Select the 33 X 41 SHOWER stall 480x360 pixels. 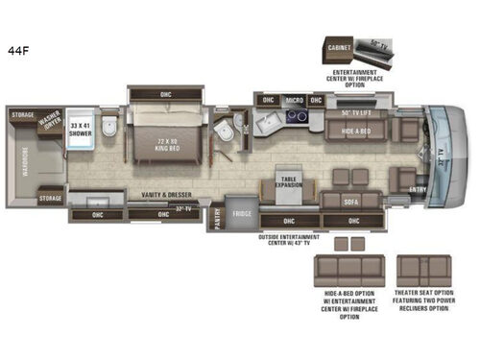pos(79,131)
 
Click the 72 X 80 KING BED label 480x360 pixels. pos(167,144)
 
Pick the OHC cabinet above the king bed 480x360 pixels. pos(165,93)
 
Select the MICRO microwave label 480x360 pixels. pos(297,99)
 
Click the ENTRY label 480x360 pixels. pos(417,189)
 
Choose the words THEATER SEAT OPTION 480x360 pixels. pos(424,291)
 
